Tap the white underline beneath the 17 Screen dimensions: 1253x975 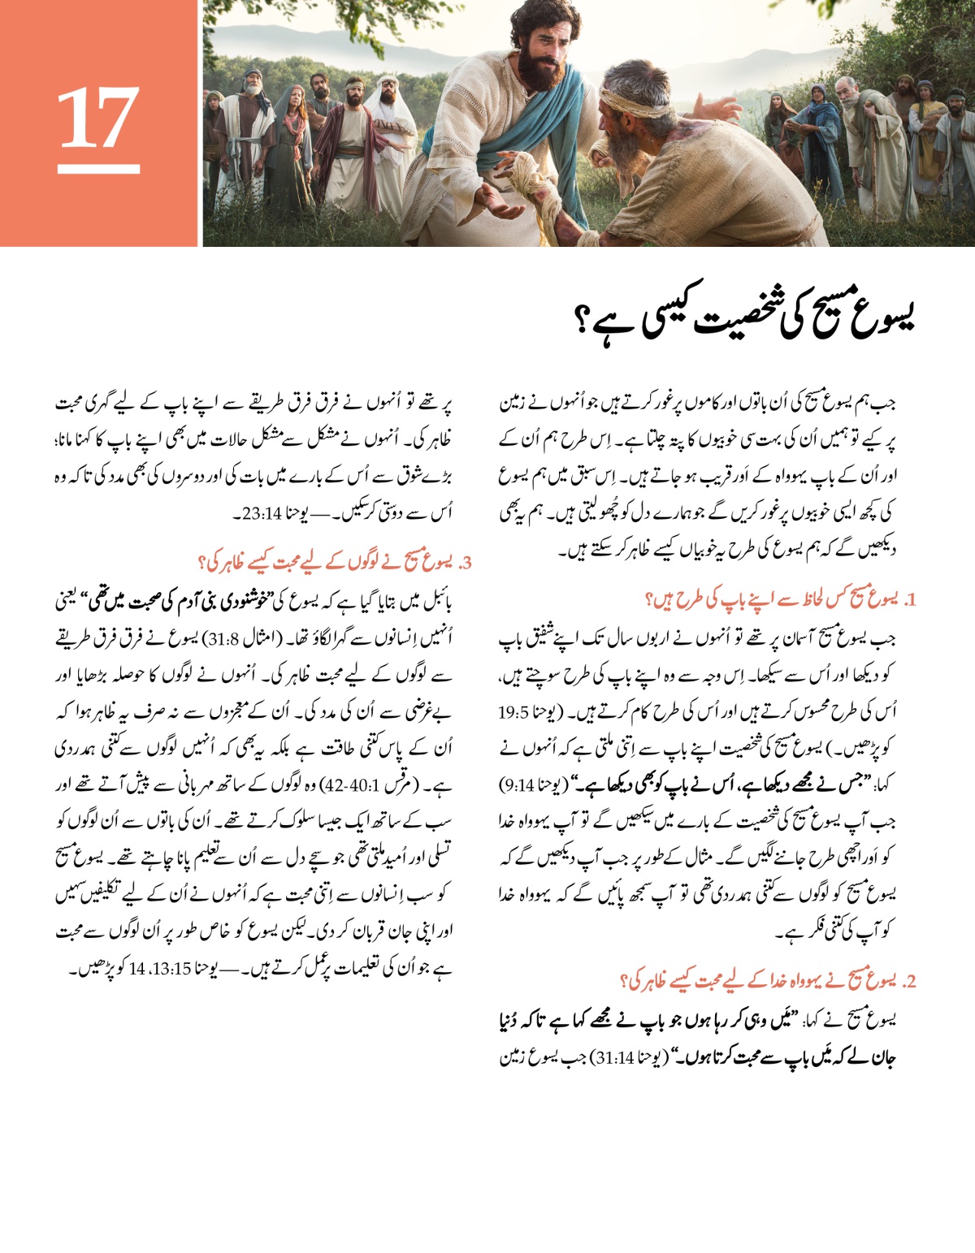click(98, 169)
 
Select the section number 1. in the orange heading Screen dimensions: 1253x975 click(910, 601)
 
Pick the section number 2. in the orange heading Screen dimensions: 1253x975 click(910, 981)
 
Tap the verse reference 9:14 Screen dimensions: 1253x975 click(517, 786)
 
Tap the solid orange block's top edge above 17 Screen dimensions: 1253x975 click(98, 2)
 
